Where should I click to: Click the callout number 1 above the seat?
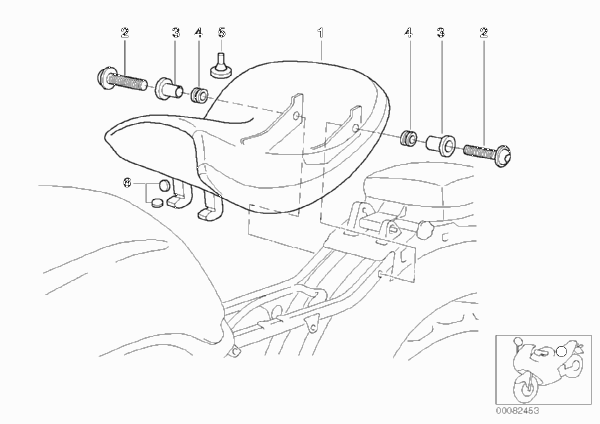click(x=321, y=33)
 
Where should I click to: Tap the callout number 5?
click(x=222, y=33)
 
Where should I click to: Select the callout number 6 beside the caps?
click(x=127, y=183)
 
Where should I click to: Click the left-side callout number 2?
click(x=125, y=33)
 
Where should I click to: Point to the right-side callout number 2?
click(x=484, y=33)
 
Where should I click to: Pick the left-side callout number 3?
click(x=176, y=33)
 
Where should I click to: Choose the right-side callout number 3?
click(x=441, y=33)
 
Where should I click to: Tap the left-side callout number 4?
click(x=198, y=33)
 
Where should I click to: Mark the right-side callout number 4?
click(x=409, y=33)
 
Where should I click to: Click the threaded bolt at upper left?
click(x=122, y=79)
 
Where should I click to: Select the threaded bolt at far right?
click(x=487, y=152)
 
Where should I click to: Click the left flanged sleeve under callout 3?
click(x=169, y=89)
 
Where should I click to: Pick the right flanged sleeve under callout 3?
click(x=441, y=145)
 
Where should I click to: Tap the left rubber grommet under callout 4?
click(x=199, y=95)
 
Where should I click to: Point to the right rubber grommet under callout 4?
click(x=409, y=138)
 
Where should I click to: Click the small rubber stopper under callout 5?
click(x=220, y=66)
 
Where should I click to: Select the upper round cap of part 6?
click(x=165, y=185)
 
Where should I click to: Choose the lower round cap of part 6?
click(x=157, y=202)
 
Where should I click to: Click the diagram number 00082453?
click(x=518, y=411)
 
